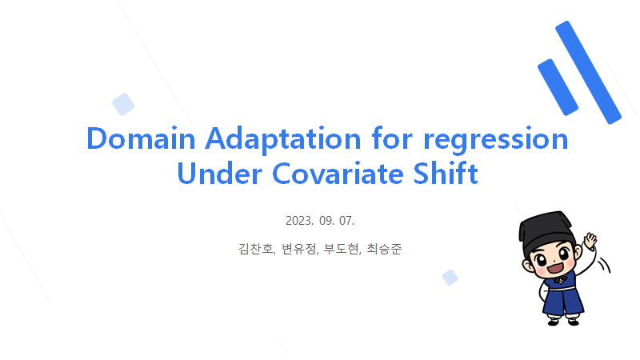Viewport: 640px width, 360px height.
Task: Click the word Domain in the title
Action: [142, 138]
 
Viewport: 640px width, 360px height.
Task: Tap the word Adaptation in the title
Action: [283, 139]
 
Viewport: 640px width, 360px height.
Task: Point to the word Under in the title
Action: [219, 174]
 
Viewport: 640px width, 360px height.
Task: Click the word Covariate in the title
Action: [338, 174]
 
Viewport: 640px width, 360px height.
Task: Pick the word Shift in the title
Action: [446, 173]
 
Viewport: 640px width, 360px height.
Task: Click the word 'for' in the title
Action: [392, 138]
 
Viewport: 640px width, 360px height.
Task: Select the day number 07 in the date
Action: [346, 221]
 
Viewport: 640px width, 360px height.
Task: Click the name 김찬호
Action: [257, 249]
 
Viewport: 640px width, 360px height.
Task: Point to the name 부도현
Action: [342, 249]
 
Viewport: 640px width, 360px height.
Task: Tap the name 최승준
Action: [384, 249]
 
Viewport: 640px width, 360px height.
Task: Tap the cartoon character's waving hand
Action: [590, 241]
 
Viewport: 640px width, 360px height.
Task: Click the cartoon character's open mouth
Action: [555, 268]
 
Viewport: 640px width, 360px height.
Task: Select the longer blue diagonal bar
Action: [588, 72]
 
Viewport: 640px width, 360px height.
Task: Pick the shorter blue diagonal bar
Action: [558, 87]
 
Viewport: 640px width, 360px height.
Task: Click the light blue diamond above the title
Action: [123, 104]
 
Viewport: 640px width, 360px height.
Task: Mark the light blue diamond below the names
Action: [450, 278]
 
